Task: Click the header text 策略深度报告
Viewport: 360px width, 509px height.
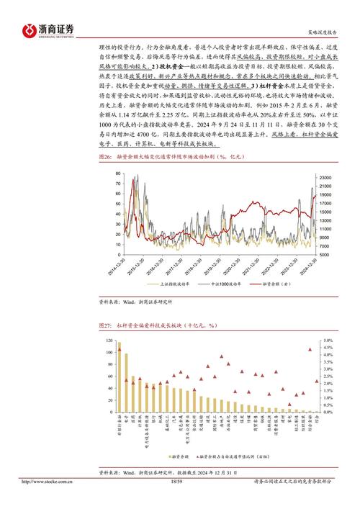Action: tap(321, 33)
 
